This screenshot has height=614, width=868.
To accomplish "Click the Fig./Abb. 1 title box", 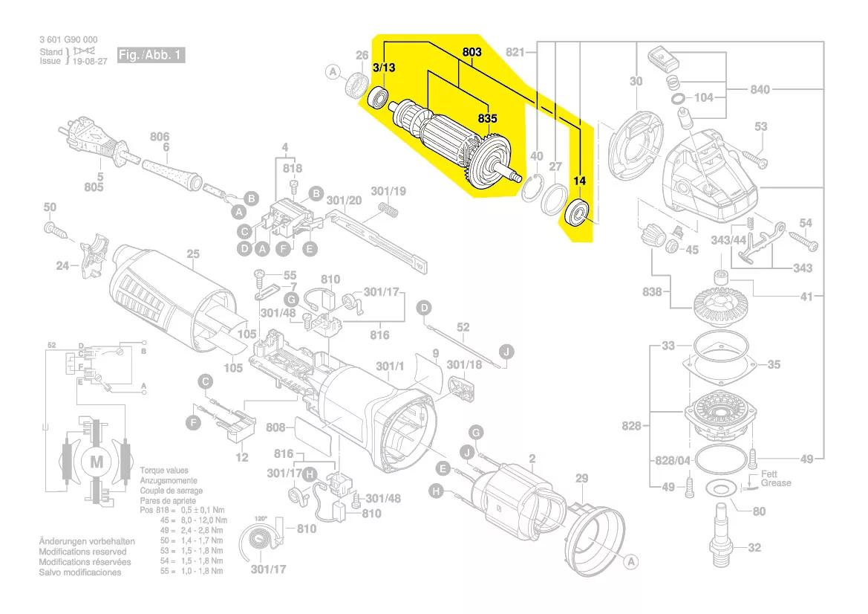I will coord(149,56).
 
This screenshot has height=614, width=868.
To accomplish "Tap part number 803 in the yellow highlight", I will coord(472,52).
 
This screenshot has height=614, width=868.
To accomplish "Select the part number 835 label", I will coord(487,118).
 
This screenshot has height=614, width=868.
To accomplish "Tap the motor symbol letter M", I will coord(97,462).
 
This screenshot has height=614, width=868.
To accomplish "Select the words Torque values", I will coord(164,471).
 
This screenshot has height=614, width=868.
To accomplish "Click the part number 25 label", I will coord(193,254).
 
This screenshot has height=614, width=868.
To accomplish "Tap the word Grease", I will coord(776,483).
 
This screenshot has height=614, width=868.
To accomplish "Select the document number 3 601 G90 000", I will coord(68,39).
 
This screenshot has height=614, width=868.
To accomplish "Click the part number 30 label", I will coord(636,81).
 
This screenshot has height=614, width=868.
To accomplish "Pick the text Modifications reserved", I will coord(82,552).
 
